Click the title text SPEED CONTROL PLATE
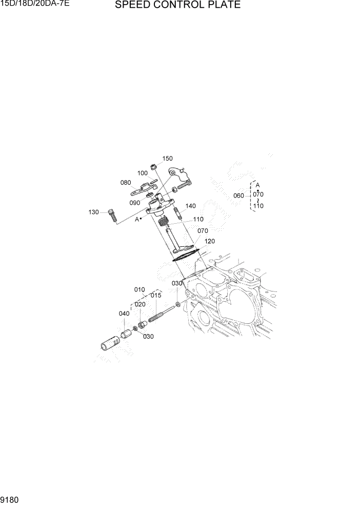click(177, 6)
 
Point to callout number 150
click(168, 159)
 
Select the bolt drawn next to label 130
click(113, 216)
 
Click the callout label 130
click(93, 212)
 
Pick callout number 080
click(126, 182)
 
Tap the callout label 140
click(190, 206)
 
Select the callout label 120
click(210, 241)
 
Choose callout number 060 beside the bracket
click(238, 195)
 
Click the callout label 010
click(139, 289)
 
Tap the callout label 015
click(156, 296)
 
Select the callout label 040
click(124, 314)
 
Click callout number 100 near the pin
click(142, 173)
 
